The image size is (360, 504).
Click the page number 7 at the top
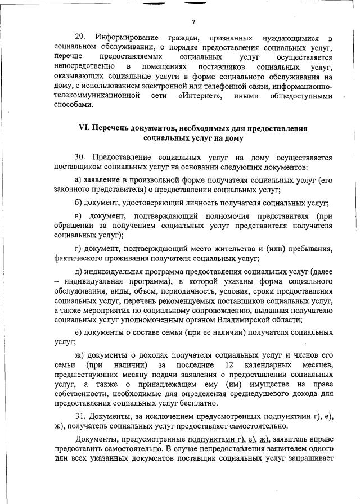pos(192,22)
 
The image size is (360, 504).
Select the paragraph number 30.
pos(81,157)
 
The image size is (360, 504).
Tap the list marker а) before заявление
pos(78,180)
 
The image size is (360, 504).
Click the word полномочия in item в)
pos(241,215)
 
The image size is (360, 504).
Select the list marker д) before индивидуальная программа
pos(78,271)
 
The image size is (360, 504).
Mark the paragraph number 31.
pos(81,416)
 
